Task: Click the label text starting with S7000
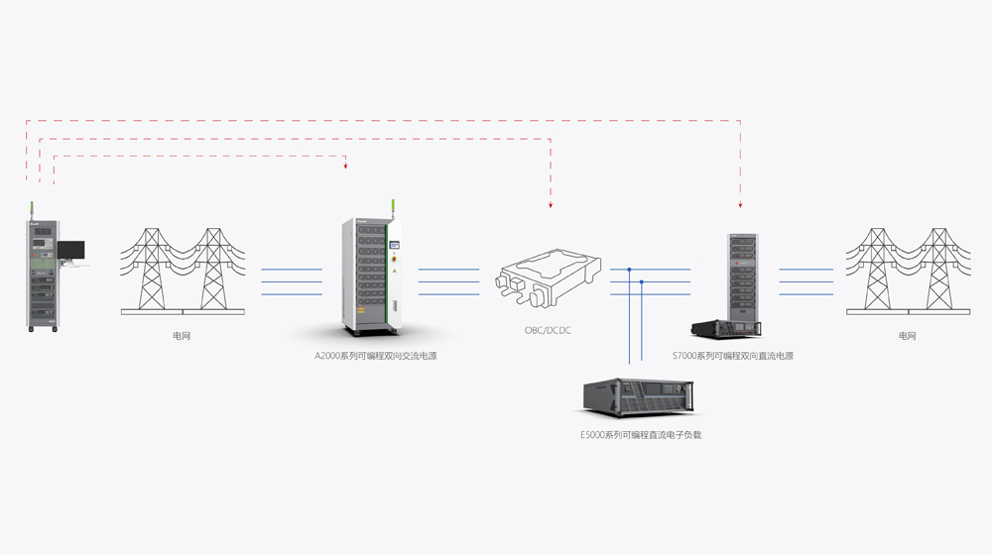click(x=732, y=356)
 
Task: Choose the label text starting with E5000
click(x=641, y=435)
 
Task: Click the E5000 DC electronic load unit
click(x=640, y=397)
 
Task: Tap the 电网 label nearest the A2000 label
click(x=182, y=336)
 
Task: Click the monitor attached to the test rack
click(x=70, y=250)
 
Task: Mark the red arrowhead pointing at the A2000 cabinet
click(x=345, y=166)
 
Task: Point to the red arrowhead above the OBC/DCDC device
click(x=551, y=205)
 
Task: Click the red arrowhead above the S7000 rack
click(x=741, y=205)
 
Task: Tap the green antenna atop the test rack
click(x=33, y=209)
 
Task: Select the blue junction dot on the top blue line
click(x=629, y=269)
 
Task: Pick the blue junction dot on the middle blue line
click(x=642, y=281)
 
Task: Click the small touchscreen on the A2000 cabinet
click(x=394, y=244)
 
